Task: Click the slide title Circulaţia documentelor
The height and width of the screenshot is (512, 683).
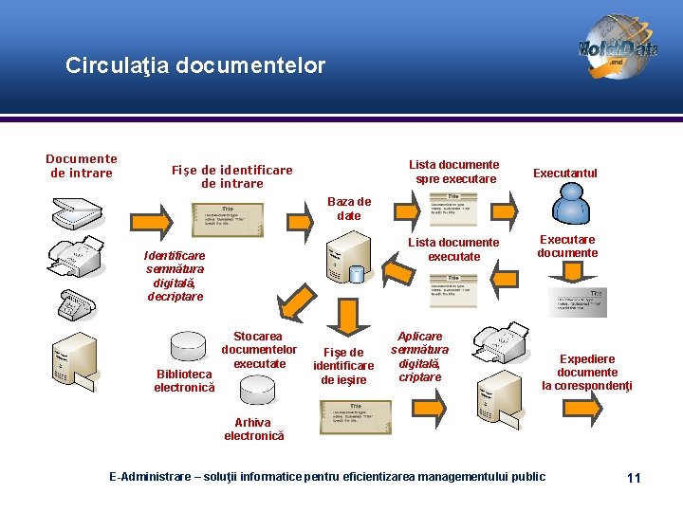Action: (195, 65)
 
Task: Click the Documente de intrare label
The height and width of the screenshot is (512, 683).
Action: (82, 166)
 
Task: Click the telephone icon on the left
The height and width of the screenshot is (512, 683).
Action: (75, 305)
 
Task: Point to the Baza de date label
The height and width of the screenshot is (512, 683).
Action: (349, 209)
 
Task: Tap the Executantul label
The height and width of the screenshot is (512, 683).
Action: (565, 173)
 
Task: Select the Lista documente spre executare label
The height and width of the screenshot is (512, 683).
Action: (454, 172)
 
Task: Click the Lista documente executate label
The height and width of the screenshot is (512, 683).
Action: (454, 249)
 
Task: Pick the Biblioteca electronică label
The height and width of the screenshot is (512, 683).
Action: (184, 380)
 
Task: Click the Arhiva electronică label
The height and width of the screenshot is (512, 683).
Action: (253, 430)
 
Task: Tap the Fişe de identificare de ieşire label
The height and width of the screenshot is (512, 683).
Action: (343, 366)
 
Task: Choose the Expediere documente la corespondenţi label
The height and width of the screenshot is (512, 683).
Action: (587, 373)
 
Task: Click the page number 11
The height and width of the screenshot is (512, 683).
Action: (634, 477)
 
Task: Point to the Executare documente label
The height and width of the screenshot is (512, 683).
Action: (567, 247)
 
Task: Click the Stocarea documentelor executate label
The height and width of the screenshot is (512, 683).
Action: (259, 350)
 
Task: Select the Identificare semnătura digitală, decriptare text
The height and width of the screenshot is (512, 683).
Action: (175, 276)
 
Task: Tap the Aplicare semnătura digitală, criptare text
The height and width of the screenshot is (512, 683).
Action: (419, 357)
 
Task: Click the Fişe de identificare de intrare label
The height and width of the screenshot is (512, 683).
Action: (232, 176)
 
